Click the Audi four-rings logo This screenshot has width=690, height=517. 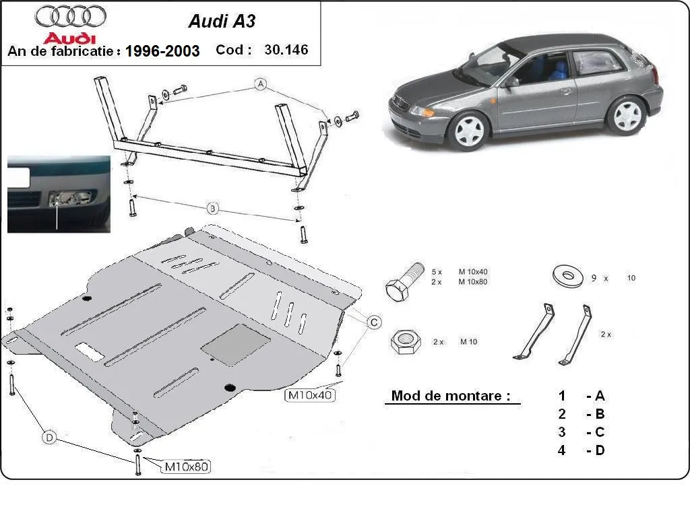click(x=70, y=17)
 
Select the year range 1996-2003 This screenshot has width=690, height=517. click(x=162, y=51)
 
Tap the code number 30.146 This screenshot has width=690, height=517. click(x=286, y=50)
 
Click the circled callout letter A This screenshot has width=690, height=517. click(x=261, y=84)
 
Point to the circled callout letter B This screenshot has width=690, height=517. click(x=212, y=209)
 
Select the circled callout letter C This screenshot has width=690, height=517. click(x=372, y=323)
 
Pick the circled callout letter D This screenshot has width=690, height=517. click(x=49, y=438)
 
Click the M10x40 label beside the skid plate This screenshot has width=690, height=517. click(x=311, y=394)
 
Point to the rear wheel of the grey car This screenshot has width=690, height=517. click(x=625, y=115)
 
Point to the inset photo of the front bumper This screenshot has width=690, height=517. click(x=58, y=194)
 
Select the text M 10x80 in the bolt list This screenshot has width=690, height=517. click(x=473, y=281)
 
